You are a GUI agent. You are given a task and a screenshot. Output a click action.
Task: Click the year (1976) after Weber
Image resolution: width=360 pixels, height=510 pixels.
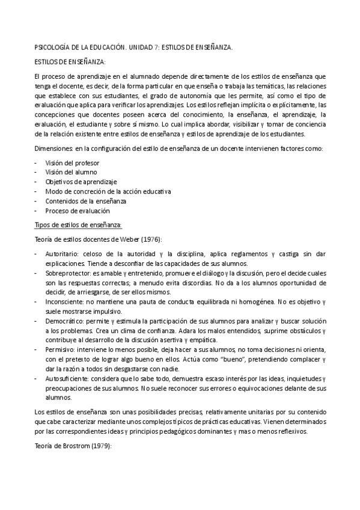[148, 239]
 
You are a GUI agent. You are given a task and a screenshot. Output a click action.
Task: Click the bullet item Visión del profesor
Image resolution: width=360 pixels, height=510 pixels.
[72, 163]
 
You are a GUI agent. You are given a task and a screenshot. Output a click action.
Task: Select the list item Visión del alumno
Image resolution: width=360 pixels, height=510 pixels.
[71, 173]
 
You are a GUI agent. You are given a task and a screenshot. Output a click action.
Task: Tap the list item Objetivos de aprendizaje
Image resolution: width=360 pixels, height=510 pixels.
[81, 182]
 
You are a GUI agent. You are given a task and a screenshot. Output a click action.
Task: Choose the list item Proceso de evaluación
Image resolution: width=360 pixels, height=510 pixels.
[78, 210]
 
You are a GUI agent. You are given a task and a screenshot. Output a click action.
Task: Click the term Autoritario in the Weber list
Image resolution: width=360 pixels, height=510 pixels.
[62, 254]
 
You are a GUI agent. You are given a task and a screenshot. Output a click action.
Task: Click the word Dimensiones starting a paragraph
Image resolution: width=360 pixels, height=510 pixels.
[53, 148]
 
